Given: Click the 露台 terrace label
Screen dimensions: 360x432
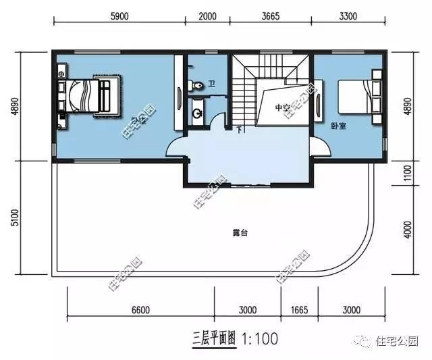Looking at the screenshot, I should click(240, 232).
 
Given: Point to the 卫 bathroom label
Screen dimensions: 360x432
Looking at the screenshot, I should click(211, 84).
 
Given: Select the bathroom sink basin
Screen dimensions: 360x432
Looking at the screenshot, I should click(197, 113).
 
